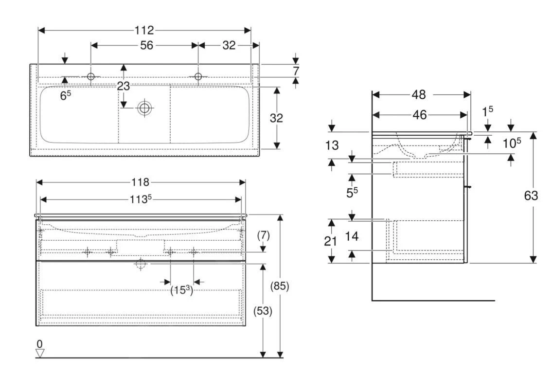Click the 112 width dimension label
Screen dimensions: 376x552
point(144,31)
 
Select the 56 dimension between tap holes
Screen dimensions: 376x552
point(146,45)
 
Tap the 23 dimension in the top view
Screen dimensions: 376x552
point(123,87)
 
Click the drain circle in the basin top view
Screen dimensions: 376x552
point(144,108)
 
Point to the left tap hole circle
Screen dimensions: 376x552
point(91,76)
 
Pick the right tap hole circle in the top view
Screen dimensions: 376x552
point(198,76)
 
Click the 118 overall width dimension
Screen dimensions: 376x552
point(141,182)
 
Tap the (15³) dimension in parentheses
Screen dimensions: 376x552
point(181,290)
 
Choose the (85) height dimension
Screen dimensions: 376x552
point(280,286)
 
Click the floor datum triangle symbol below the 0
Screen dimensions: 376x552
point(40,353)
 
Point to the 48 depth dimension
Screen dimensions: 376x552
point(419,94)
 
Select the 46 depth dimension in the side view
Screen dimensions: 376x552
point(419,115)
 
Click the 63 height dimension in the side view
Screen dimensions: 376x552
point(531,196)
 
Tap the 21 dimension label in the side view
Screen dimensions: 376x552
point(331,241)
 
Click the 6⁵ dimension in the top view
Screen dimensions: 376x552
point(65,95)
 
